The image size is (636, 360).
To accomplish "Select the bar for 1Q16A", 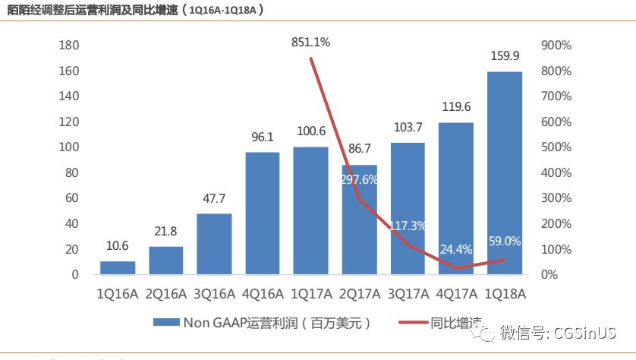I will tap(118, 267).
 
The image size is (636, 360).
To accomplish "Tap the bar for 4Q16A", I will tap(263, 213).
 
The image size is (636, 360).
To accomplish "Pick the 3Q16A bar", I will tap(214, 244).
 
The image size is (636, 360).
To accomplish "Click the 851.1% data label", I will tap(311, 43).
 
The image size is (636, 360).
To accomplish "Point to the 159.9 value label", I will tap(504, 55).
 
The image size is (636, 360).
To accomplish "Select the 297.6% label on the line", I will tap(360, 180).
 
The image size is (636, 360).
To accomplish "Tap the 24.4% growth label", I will tap(455, 248).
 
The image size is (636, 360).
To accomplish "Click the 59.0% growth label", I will tap(504, 242).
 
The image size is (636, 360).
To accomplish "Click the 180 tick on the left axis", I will tap(69, 46).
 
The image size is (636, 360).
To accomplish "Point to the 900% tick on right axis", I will tap(556, 46).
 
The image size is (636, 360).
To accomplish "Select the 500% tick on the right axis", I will tap(556, 147).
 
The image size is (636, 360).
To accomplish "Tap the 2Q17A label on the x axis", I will tap(359, 293).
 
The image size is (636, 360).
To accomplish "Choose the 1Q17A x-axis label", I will tap(311, 293).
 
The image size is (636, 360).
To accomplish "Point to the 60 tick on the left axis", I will tap(72, 198).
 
